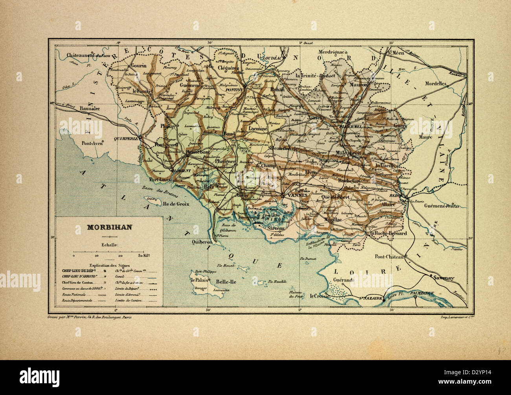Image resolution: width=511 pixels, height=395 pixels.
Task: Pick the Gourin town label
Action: pos(139,66)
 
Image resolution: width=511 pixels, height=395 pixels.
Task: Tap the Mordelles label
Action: pos(436,84)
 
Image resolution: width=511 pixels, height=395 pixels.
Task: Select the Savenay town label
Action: pos(444,278)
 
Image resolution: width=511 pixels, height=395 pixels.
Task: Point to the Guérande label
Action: pos(344,280)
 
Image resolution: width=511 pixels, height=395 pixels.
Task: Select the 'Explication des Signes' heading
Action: pos(109,265)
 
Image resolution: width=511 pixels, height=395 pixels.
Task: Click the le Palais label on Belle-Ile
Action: pos(199,280)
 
